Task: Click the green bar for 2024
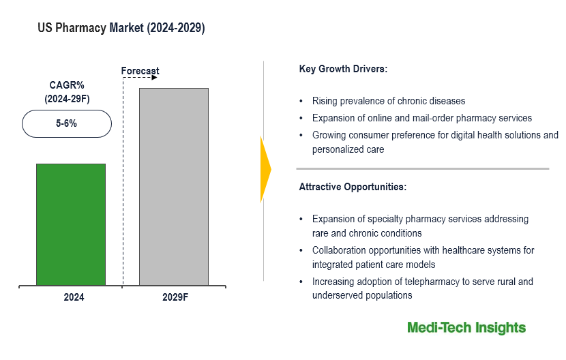[x=71, y=224]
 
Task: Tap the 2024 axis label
[x=71, y=297]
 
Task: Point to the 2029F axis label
[x=174, y=297]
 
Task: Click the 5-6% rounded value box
[x=67, y=124]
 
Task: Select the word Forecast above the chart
[x=140, y=71]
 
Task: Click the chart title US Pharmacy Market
[x=121, y=29]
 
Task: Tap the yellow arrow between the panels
[x=265, y=169]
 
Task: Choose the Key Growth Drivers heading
[x=343, y=70]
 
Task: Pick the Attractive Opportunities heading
[x=353, y=187]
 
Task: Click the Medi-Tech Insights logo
[x=466, y=328]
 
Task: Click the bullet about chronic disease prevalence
[x=389, y=101]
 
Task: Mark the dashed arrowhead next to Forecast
[x=154, y=78]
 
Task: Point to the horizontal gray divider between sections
[x=422, y=168]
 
